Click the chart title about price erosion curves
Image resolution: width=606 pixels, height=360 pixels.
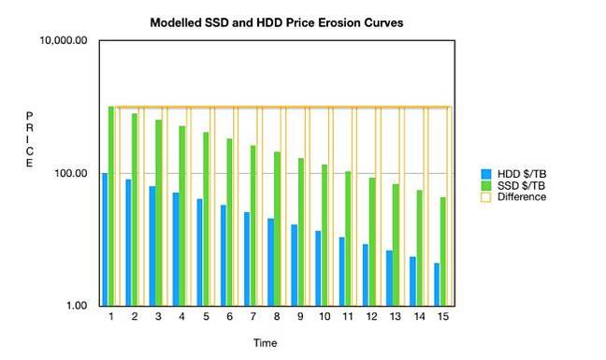[277, 22]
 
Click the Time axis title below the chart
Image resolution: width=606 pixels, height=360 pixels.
[265, 343]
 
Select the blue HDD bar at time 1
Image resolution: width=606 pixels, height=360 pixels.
[105, 239]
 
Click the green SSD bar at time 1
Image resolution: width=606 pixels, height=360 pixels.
[111, 206]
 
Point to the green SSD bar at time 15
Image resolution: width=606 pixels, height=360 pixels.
[442, 252]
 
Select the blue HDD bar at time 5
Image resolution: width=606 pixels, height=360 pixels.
[199, 252]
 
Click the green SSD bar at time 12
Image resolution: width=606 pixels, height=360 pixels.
[371, 241]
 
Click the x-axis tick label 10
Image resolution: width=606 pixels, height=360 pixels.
[324, 318]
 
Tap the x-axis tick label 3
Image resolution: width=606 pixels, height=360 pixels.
[158, 318]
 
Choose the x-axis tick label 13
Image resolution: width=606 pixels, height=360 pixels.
[395, 318]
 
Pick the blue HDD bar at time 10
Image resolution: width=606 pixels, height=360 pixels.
[318, 268]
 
